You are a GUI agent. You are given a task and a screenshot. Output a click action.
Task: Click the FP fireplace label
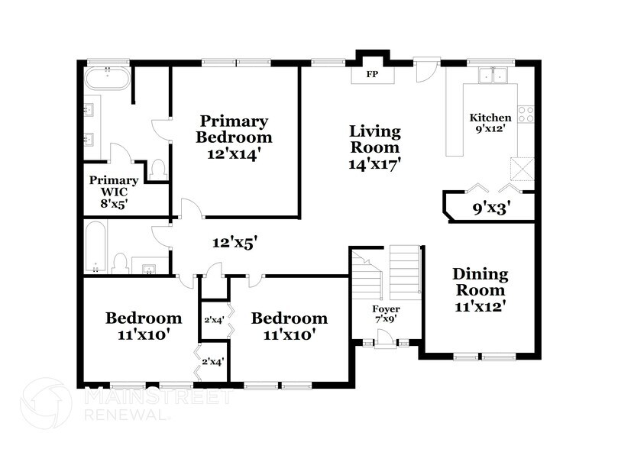[372, 73]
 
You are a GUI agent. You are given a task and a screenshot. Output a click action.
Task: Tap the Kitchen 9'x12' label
[490, 122]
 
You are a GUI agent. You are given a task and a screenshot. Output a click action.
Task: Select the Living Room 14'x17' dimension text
[375, 164]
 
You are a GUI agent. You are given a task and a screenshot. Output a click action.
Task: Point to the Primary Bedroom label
[234, 129]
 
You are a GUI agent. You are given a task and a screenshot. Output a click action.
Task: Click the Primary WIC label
[114, 186]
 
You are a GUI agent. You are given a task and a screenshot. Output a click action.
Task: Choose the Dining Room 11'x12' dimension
[480, 306]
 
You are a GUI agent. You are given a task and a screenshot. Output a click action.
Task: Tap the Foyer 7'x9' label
[387, 314]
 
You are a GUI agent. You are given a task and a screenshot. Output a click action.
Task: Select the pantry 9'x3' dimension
[494, 208]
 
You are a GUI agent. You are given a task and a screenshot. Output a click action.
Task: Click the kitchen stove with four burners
[526, 115]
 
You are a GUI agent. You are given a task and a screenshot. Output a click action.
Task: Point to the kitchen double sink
[492, 76]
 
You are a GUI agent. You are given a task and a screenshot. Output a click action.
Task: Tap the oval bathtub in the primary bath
[107, 79]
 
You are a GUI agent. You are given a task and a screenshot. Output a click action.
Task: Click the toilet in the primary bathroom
[158, 170]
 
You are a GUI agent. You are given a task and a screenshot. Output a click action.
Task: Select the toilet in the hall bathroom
[119, 263]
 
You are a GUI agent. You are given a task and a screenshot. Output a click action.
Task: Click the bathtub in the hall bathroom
[95, 246]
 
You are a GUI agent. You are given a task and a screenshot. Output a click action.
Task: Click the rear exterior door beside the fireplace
[425, 70]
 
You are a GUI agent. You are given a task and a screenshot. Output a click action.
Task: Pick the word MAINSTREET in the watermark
[159, 396]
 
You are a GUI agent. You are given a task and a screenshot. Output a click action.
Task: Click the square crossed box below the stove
[523, 170]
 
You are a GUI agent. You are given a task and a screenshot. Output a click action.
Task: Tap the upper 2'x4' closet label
[214, 320]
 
